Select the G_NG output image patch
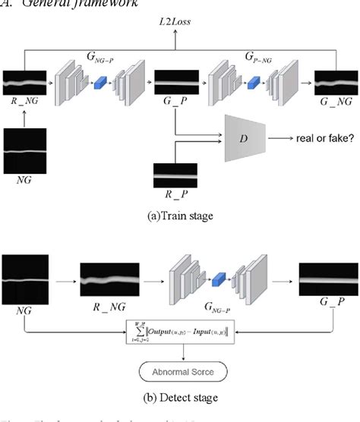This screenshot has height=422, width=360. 336,81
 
